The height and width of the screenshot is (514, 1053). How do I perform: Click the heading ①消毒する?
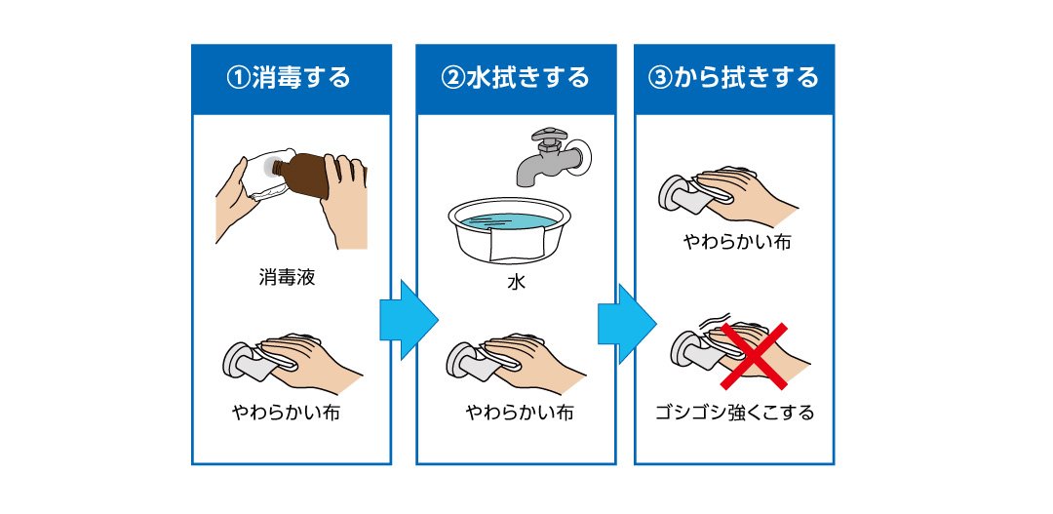coord(290,78)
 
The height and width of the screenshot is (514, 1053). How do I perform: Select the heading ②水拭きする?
coord(515,78)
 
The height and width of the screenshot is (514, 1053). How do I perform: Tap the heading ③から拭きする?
coord(733,78)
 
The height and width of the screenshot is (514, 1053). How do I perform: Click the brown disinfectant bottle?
coord(310,175)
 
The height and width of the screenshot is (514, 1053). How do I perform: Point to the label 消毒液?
coord(287,278)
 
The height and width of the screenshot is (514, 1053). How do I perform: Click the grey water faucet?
coord(549,154)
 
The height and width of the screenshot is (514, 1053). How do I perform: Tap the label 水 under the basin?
coord(516,282)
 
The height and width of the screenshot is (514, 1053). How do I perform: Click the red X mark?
coord(754,355)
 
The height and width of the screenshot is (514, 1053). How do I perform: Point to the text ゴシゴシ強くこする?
coord(735,412)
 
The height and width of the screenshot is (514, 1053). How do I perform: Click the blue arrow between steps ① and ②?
coord(409,320)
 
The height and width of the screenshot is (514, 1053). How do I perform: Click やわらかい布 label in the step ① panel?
coord(286,412)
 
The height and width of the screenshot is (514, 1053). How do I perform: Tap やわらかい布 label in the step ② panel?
coord(520,412)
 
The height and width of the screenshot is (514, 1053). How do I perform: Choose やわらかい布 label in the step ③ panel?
coord(737,241)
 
